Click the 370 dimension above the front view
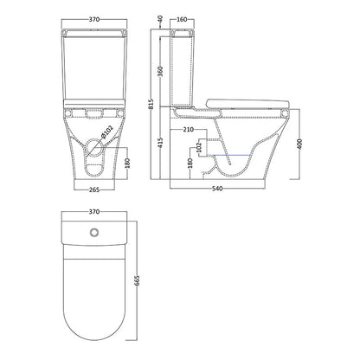94,19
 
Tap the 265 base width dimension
94,190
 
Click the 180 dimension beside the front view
127,163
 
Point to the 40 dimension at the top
160,19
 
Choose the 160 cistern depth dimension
182,19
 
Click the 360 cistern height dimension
160,71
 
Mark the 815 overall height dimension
151,104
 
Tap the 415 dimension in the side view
160,143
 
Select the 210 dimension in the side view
189,130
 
